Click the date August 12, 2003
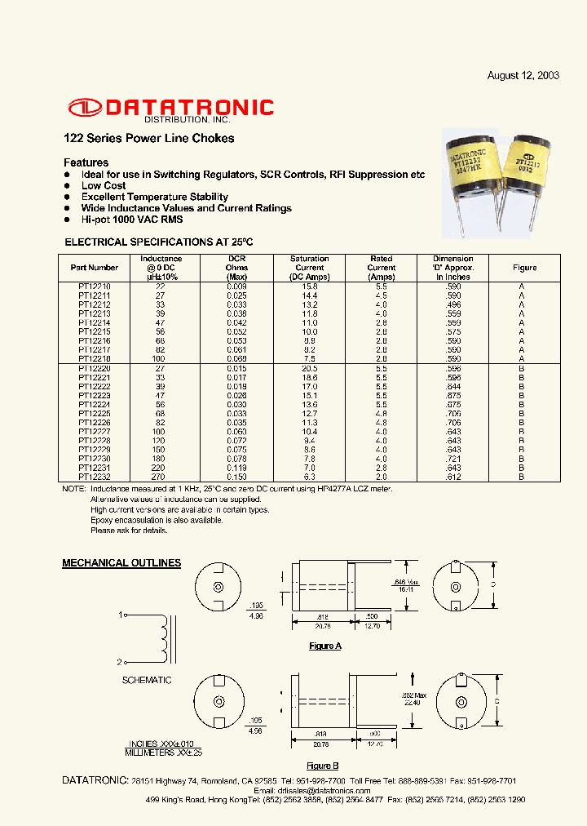point(523,75)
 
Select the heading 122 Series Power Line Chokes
point(148,138)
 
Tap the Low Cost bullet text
point(104,185)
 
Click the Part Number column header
point(95,267)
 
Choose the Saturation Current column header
point(310,268)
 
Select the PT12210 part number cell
point(95,286)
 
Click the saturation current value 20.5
point(310,369)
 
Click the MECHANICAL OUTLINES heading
point(121,563)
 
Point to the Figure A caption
point(324,646)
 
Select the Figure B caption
point(324,766)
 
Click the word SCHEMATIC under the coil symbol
point(147,680)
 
